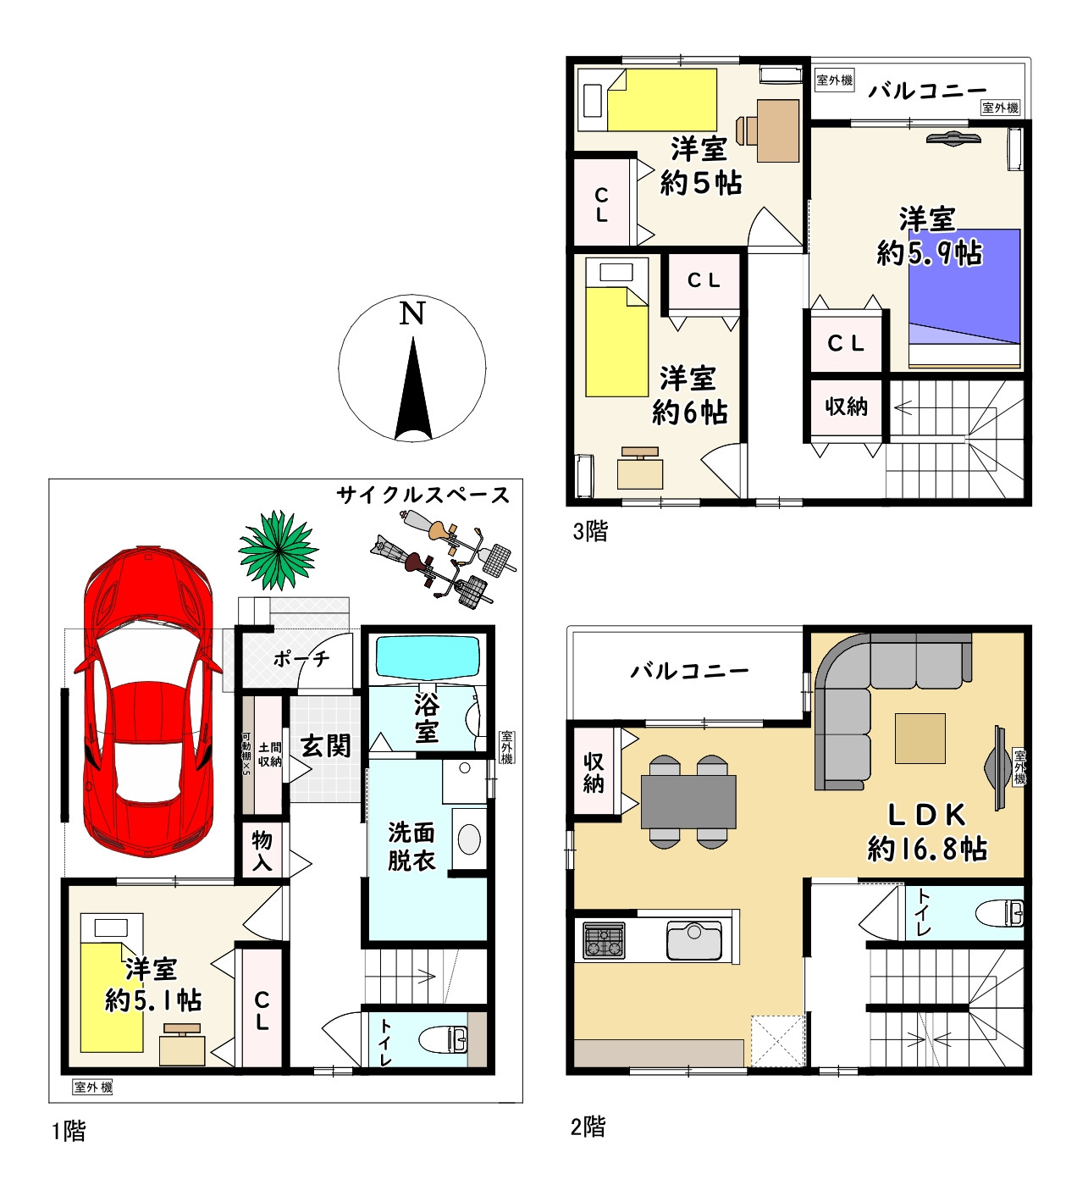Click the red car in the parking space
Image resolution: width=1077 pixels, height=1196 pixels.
[148, 702]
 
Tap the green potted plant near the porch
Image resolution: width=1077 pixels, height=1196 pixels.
[278, 551]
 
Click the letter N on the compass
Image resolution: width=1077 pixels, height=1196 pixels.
[411, 313]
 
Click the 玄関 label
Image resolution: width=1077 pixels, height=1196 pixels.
[325, 746]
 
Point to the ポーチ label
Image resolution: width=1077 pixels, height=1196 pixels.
[301, 659]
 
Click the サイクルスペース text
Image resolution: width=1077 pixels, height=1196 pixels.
[423, 496]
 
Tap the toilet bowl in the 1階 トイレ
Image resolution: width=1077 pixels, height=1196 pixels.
[443, 1040]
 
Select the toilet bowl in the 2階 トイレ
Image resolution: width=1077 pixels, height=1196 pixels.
[999, 913]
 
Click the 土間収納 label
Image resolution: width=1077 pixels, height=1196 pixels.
[269, 754]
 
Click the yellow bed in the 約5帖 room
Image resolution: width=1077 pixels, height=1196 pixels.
[661, 100]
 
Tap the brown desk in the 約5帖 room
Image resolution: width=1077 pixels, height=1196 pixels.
[778, 130]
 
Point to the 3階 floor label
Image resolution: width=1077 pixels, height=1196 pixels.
[590, 530]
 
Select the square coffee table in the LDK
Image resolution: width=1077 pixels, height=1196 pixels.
[920, 738]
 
